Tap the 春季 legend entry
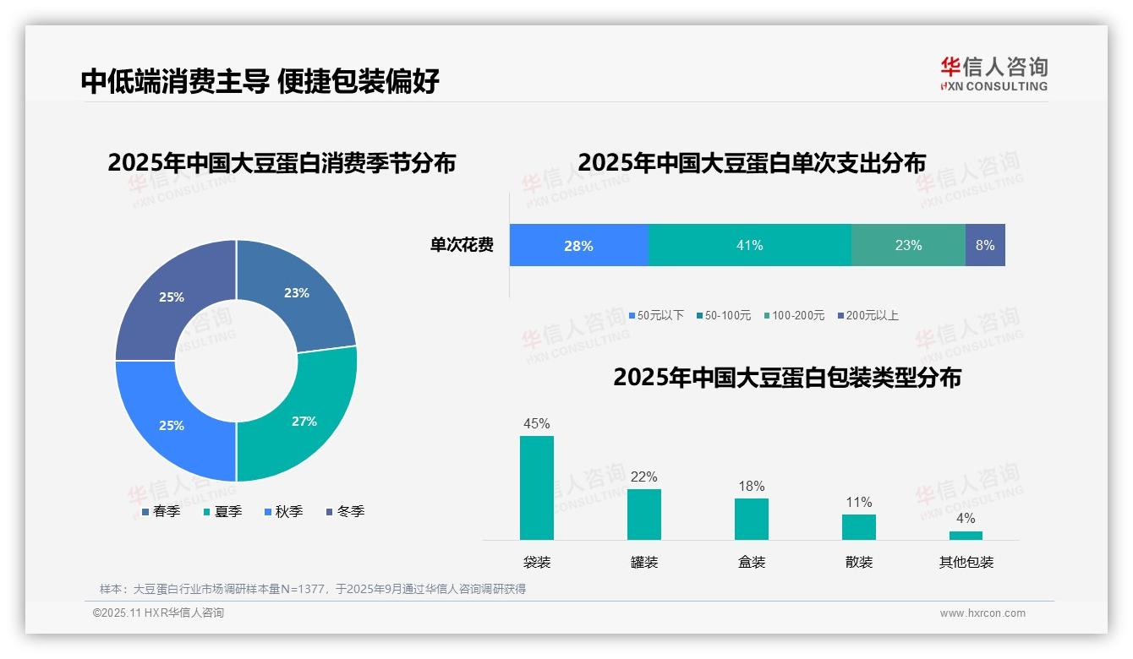(161, 511)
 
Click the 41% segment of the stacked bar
(749, 245)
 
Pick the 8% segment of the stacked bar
(985, 245)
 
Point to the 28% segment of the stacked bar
(578, 245)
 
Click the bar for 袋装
(537, 487)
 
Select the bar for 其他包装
(966, 535)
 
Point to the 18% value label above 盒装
(751, 486)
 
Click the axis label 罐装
(644, 562)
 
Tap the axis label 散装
(859, 562)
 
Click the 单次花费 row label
(462, 245)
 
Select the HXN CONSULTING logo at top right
(993, 74)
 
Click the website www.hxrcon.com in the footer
(982, 613)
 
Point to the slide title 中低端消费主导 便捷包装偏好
(260, 81)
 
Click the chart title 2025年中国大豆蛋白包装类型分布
(787, 377)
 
